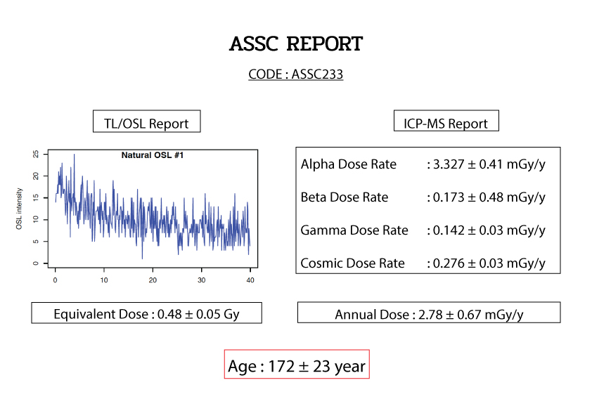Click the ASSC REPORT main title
tap(296, 44)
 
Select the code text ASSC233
tap(317, 74)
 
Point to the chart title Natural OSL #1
tap(153, 155)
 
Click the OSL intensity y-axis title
tap(19, 209)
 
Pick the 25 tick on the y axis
tap(36, 154)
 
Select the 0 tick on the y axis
tap(36, 263)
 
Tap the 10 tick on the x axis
tap(104, 280)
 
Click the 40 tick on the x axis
tap(250, 280)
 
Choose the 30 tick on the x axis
tap(202, 280)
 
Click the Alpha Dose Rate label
tap(349, 164)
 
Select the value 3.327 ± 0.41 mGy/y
tap(489, 164)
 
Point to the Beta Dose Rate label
tap(345, 197)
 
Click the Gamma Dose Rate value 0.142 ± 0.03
tap(468, 230)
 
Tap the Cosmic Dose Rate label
tap(353, 263)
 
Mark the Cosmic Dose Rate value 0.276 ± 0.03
tap(468, 263)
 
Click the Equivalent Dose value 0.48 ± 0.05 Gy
tap(198, 314)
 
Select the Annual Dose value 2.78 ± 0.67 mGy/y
tap(471, 315)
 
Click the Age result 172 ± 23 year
tap(317, 366)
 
